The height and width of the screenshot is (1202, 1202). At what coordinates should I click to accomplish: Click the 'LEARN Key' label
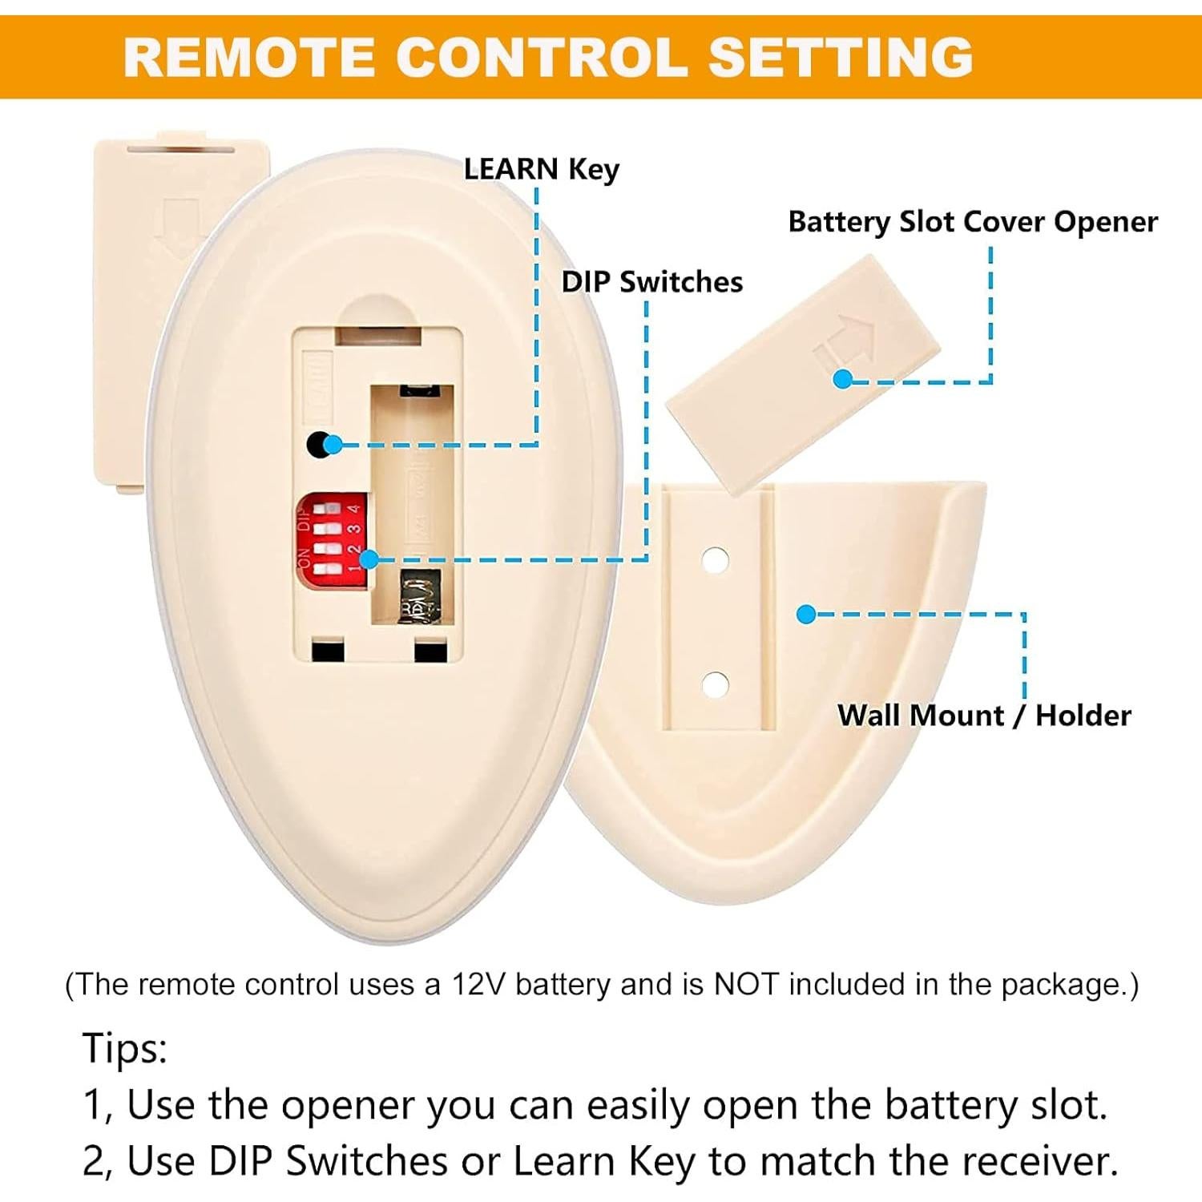[542, 169]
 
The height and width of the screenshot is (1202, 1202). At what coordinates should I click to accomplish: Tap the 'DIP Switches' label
[651, 282]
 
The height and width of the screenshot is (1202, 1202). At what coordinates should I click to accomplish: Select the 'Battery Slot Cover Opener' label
[972, 222]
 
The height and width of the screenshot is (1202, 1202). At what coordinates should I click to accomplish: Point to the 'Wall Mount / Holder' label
[984, 715]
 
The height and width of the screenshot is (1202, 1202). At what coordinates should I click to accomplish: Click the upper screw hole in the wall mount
[715, 559]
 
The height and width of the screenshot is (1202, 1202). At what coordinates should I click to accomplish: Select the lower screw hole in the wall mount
[715, 685]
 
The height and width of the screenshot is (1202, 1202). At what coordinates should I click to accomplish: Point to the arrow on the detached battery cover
[179, 228]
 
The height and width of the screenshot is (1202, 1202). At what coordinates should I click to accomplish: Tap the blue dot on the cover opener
[842, 379]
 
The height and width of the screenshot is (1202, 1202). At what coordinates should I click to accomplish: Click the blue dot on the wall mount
[806, 615]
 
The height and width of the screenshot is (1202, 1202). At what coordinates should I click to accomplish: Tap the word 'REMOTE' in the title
[249, 58]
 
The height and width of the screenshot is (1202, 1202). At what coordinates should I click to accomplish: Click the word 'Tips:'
[125, 1048]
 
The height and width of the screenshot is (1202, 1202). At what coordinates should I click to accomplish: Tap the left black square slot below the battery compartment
[327, 650]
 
